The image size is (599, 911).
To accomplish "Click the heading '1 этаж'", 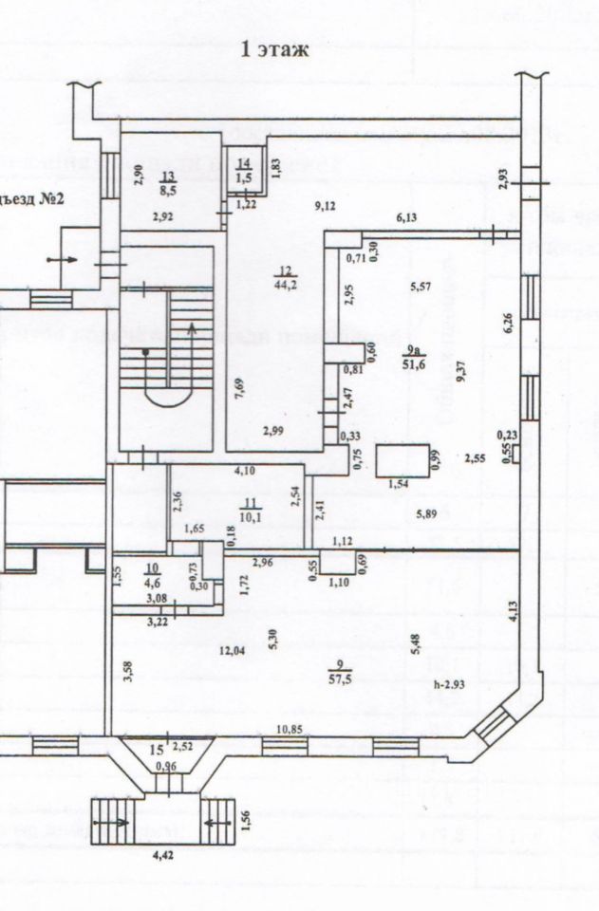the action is tap(276, 50).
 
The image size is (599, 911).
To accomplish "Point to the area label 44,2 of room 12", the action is tap(283, 281).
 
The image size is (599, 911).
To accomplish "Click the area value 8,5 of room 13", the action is tap(167, 189).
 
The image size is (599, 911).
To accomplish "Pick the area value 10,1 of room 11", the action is tap(251, 518).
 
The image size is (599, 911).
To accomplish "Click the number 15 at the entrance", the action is tap(157, 749).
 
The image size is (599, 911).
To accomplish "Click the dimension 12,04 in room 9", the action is tap(233, 650).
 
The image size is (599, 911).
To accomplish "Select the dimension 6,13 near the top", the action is tap(406, 218).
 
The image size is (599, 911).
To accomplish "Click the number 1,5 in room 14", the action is tap(244, 177).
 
